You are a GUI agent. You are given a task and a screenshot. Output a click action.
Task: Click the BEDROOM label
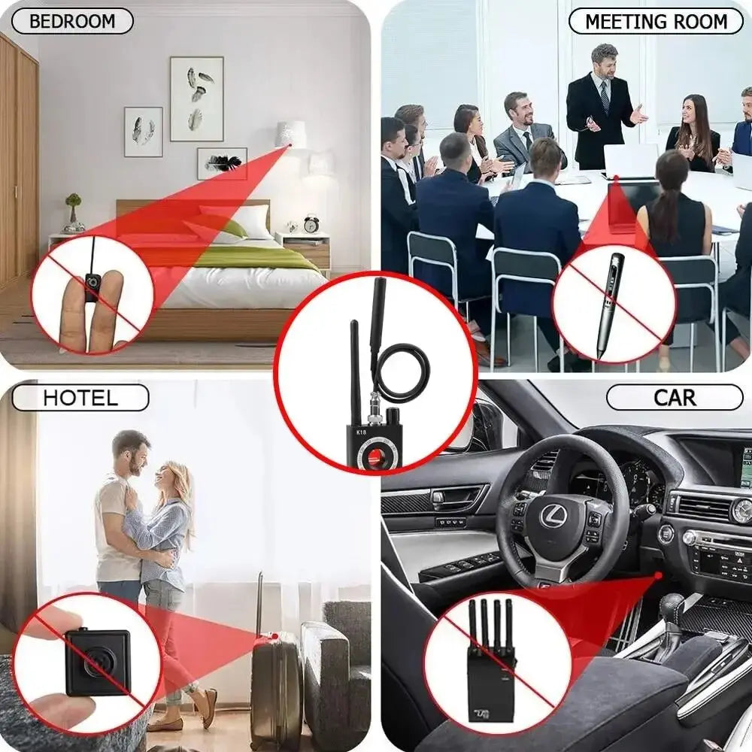point(72,21)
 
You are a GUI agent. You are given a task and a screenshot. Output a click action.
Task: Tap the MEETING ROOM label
point(656,21)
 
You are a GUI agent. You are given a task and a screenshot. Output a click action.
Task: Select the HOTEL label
point(80,397)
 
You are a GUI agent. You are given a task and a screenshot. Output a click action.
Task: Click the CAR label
point(674,397)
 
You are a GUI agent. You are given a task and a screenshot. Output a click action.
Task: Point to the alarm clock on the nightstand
point(311,223)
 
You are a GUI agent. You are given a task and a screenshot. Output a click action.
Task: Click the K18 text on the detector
point(362,433)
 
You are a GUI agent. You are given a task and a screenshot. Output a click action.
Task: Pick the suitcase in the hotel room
point(276,688)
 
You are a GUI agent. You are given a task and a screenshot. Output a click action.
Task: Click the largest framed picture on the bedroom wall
point(196,99)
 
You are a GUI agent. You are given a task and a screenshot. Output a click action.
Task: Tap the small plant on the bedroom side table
point(73,211)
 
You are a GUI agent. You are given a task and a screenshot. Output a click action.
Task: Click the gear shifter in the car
point(671,613)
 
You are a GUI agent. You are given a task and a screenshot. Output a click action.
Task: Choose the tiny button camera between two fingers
point(92,287)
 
